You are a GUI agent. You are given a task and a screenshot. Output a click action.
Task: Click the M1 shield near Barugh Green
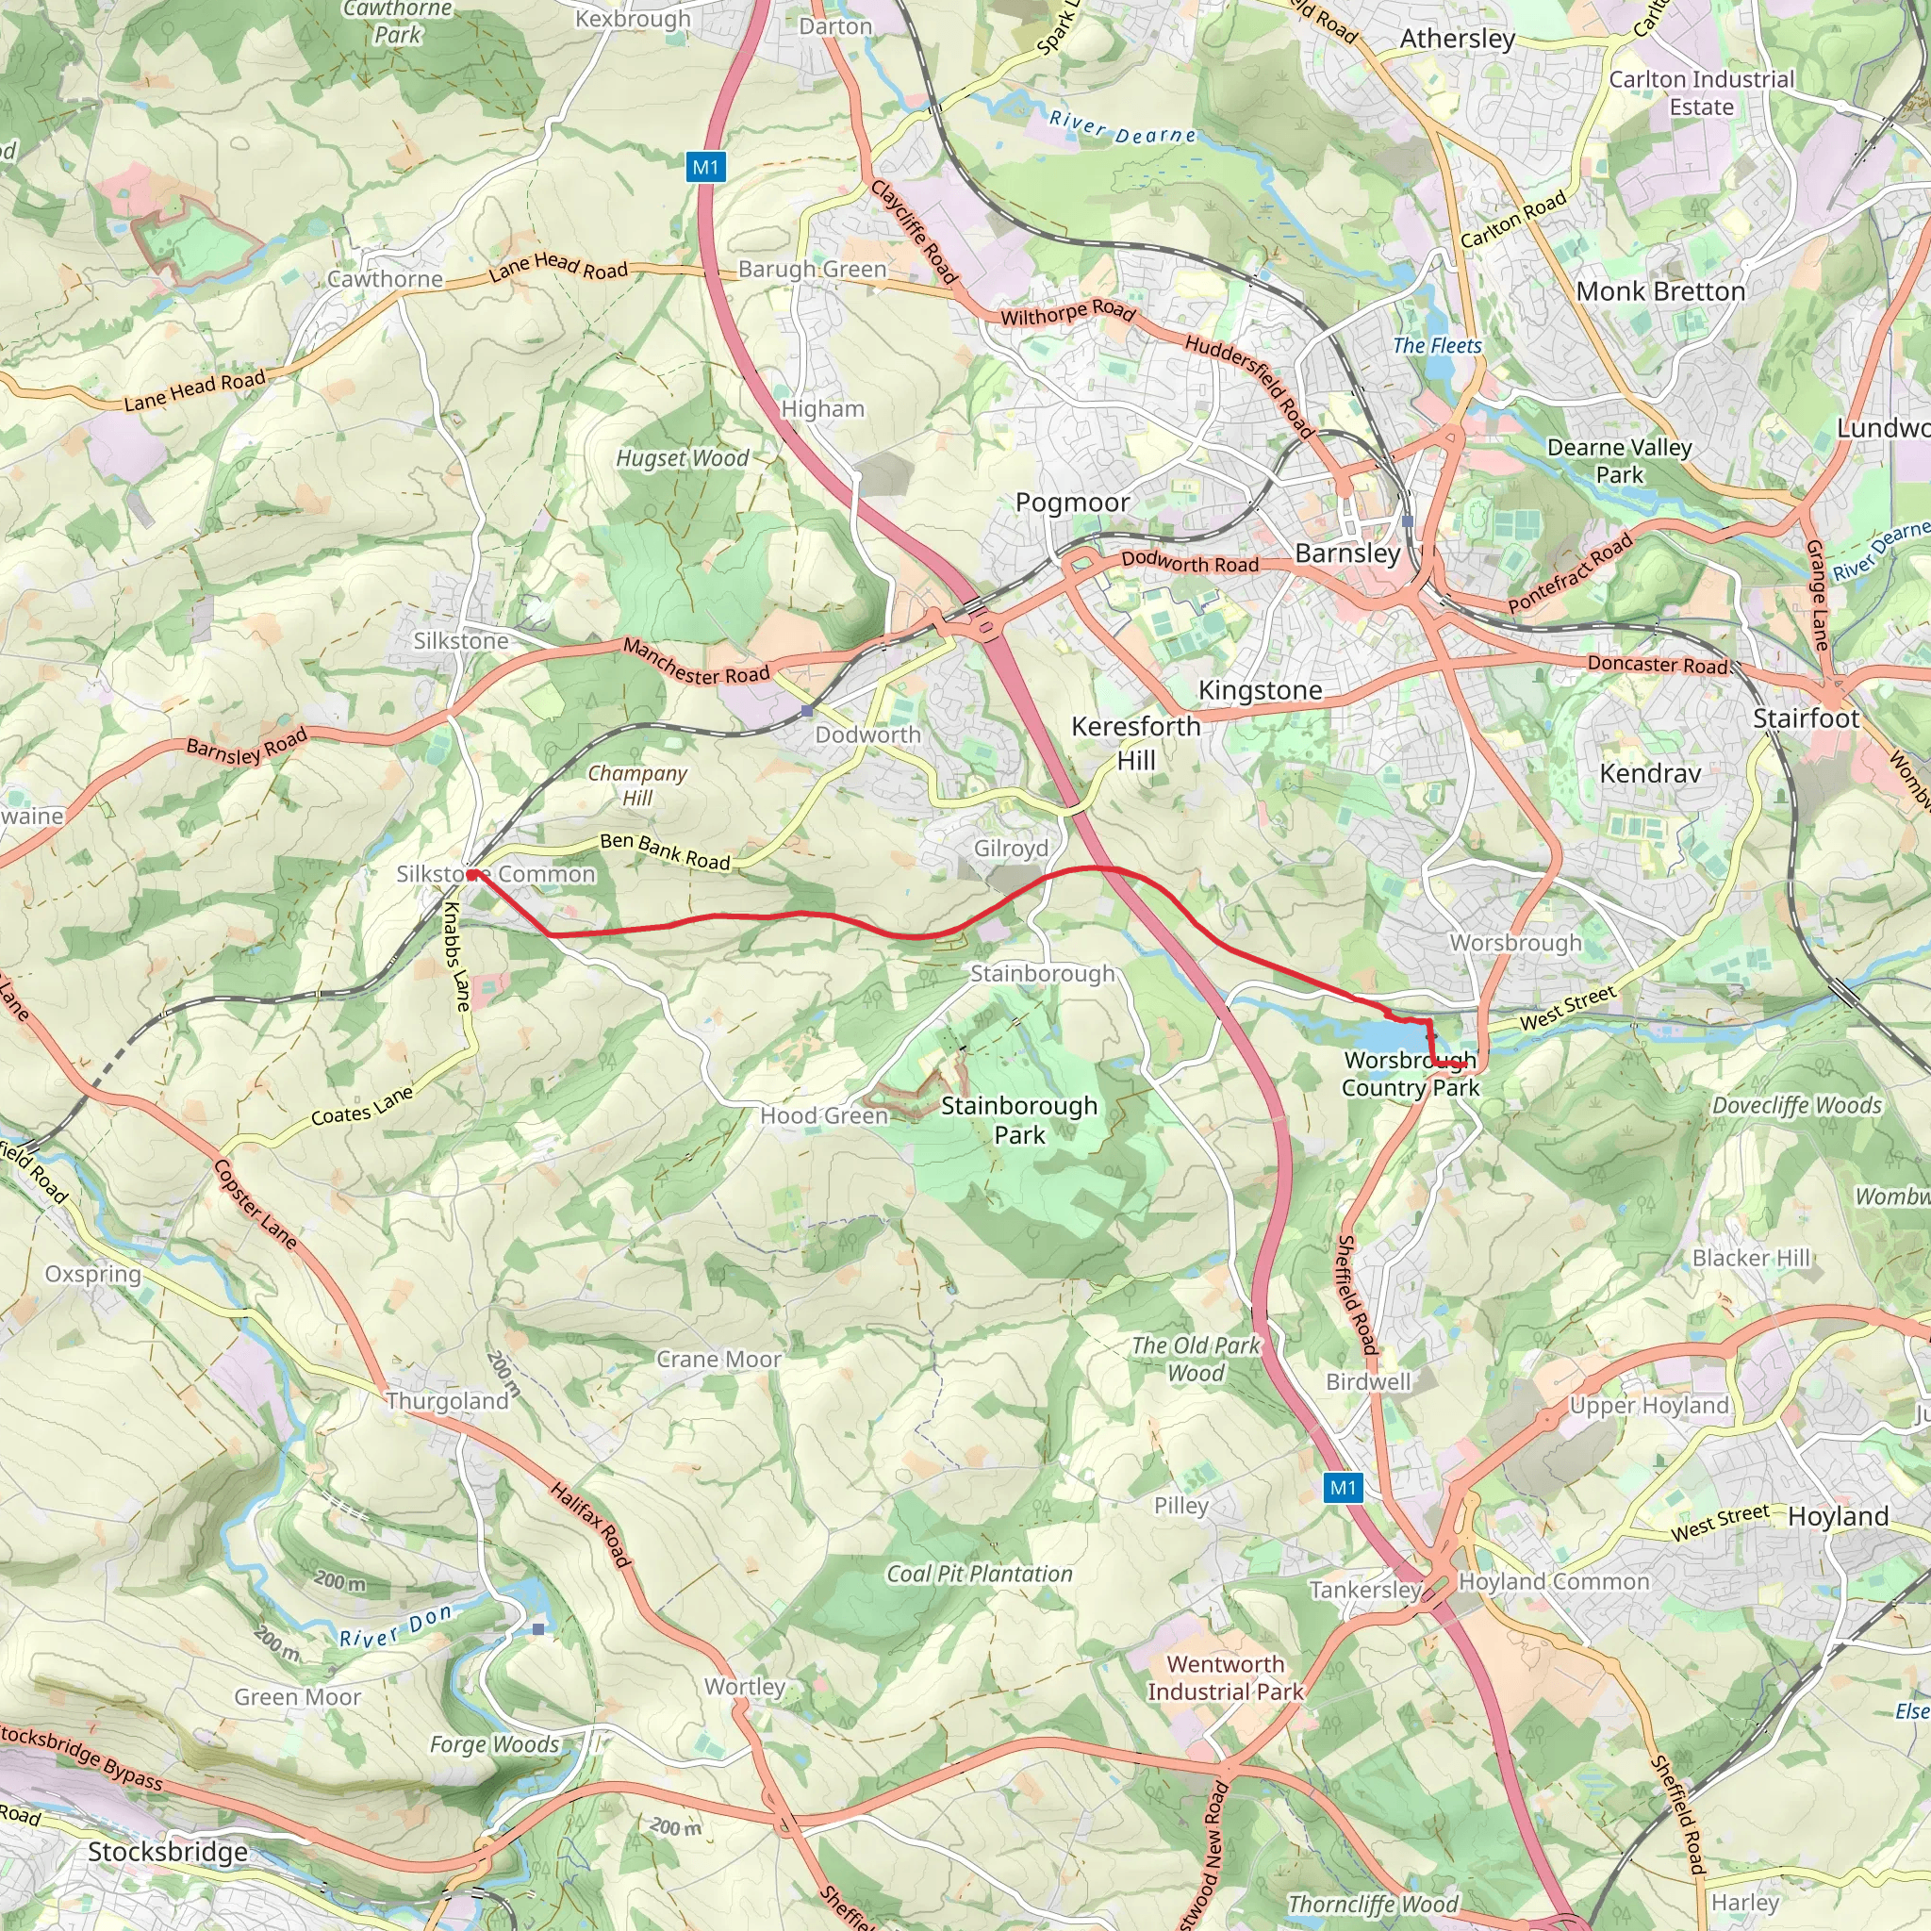click(705, 168)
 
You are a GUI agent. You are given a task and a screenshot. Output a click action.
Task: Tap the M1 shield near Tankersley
click(1343, 1488)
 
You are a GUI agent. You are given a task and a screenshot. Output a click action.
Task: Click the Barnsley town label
click(1347, 553)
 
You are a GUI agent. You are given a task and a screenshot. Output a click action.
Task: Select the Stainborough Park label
click(1018, 1119)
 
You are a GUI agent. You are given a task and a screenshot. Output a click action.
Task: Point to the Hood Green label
click(823, 1115)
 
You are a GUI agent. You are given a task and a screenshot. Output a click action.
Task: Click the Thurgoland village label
click(447, 1400)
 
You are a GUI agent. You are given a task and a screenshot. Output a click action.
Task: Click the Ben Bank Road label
click(665, 851)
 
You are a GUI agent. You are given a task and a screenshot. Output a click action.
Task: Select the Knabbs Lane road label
click(456, 956)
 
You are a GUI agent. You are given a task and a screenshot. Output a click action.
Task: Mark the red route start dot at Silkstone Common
click(471, 875)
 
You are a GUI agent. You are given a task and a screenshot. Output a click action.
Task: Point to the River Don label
click(396, 1626)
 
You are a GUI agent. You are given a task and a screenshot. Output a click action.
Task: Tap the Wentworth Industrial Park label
click(1226, 1677)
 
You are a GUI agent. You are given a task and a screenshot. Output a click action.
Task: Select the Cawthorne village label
click(385, 279)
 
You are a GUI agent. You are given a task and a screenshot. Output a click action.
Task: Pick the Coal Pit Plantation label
click(979, 1574)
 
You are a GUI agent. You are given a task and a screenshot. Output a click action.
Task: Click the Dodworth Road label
click(1189, 563)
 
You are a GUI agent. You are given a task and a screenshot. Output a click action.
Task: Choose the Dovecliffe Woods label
click(1796, 1104)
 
